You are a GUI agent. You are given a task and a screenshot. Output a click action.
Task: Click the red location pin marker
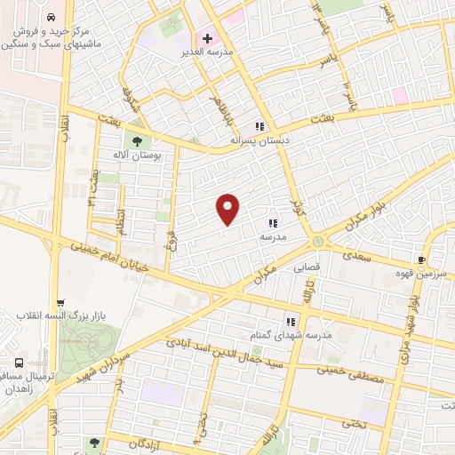pyautogui.click(x=228, y=209)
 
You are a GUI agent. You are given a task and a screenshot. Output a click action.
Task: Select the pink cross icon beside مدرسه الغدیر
pyautogui.click(x=208, y=39)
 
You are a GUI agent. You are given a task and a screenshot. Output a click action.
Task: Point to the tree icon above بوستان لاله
pyautogui.click(x=137, y=140)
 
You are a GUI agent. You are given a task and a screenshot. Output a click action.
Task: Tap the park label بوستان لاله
pyautogui.click(x=138, y=155)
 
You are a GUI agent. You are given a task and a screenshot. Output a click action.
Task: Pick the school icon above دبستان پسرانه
pyautogui.click(x=259, y=127)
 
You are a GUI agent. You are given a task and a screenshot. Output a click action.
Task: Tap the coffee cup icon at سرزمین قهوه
pyautogui.click(x=427, y=250)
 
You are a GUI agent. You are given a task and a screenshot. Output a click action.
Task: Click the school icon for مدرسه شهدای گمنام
pyautogui.click(x=290, y=322)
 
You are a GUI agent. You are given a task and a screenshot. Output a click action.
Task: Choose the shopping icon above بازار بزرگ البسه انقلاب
pyautogui.click(x=60, y=303)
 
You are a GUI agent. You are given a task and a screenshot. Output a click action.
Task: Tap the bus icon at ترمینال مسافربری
pyautogui.click(x=20, y=363)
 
